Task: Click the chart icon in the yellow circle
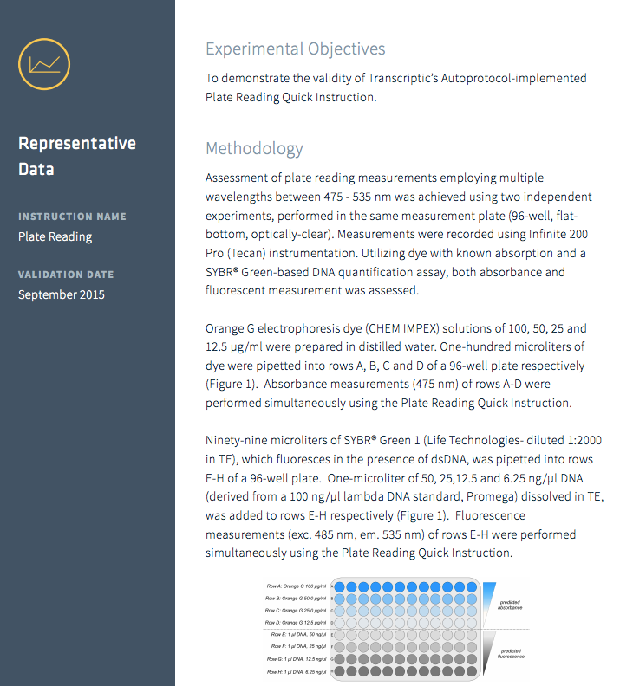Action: pos(43,63)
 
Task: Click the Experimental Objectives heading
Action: pos(295,49)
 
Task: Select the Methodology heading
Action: pos(254,148)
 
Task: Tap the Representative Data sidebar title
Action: pos(77,156)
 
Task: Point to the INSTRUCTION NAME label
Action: pos(72,217)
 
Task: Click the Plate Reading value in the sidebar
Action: pos(55,236)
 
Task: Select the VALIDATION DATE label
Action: pos(66,275)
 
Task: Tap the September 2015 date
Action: pos(62,294)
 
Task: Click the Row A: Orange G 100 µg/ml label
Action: pos(297,586)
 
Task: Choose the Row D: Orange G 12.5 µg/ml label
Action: pos(297,622)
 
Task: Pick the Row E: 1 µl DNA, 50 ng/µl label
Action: pos(298,635)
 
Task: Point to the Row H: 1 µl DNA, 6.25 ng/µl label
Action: pos(297,671)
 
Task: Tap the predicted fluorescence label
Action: pos(511,653)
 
